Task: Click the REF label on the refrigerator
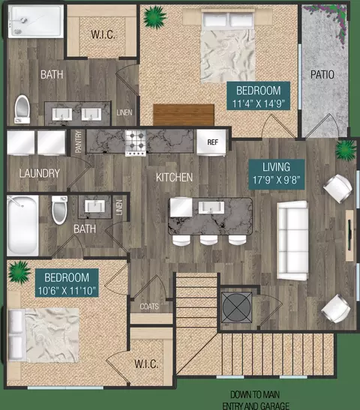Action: coord(212,142)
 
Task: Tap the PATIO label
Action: coord(322,74)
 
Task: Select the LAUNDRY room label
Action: coord(40,173)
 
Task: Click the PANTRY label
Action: coord(78,142)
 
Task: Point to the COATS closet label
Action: coord(149,307)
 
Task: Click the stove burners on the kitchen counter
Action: coord(136,143)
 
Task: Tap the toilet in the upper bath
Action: coord(22,109)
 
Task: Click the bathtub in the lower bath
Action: coord(22,226)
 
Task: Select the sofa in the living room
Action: coord(292,241)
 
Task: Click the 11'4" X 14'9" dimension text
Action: coord(258,103)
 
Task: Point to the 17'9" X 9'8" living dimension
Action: coord(276,180)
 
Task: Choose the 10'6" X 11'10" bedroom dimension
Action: coord(67,291)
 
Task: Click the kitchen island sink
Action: coord(211,208)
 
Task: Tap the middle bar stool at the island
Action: coord(208,240)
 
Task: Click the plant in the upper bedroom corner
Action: coord(154,17)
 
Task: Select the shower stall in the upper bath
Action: coord(36,22)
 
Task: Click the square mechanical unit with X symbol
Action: coord(236,307)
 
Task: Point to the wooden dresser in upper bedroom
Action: coord(184,115)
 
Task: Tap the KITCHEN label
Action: coord(174,178)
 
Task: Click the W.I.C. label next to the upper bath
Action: coord(103,34)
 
